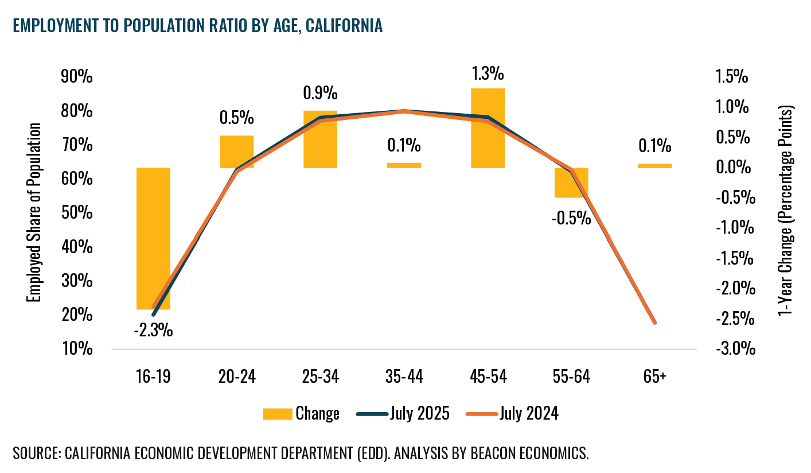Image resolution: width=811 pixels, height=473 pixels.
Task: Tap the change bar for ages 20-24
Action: pos(236,150)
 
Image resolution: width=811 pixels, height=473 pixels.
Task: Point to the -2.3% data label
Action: pos(153,331)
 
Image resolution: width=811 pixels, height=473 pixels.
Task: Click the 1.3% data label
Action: pos(488,74)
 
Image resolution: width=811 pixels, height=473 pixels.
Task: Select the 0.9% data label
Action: pos(320,94)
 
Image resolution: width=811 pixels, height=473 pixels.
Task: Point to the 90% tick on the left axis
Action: pos(76,77)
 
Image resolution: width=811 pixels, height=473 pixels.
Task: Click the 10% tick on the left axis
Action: pos(76,349)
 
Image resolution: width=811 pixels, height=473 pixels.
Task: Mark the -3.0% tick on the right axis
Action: pos(731,349)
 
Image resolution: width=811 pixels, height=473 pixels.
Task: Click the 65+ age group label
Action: pos(654,377)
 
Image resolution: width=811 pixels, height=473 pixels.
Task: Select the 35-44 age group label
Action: pos(404,377)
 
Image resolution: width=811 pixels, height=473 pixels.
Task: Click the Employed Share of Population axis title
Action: pos(35,212)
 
